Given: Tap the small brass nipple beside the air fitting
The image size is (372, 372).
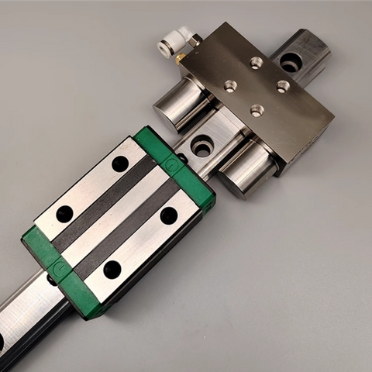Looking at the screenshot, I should coord(180,57).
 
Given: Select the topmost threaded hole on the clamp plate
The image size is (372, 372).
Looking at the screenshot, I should coord(257,63).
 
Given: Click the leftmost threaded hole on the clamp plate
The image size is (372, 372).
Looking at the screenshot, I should coord(230,86).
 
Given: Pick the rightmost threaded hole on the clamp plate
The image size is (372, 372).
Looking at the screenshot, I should coord(283,86).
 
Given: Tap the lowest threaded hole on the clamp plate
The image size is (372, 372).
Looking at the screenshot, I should coord(257,111).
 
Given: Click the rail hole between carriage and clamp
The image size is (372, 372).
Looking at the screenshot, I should coord(201,145).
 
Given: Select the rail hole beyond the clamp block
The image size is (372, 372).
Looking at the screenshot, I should coord(291,61).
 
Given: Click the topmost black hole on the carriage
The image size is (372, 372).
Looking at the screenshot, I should coord(120,164).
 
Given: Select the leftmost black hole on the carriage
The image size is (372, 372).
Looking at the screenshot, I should coord(64,214).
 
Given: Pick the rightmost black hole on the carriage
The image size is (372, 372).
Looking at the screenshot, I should coord(168,215).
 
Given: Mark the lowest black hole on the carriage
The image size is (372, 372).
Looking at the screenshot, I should coord(112,269).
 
